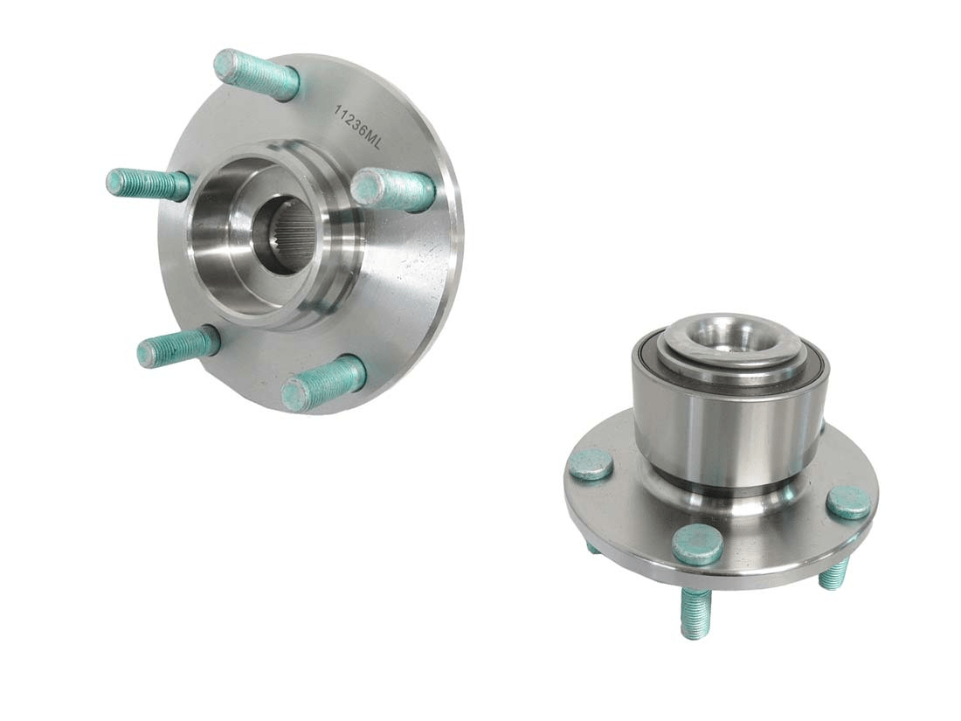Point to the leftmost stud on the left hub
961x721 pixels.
148,184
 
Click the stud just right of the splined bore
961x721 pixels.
392,189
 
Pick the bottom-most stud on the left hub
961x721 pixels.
323,384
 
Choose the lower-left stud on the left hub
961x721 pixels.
177,347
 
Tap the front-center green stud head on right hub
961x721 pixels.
697,545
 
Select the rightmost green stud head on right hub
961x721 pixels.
848,503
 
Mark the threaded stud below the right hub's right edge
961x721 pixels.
833,573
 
